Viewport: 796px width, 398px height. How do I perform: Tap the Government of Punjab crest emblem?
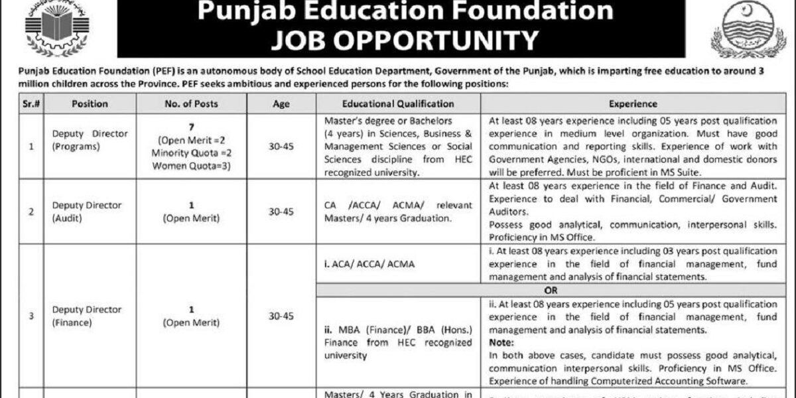click(743, 29)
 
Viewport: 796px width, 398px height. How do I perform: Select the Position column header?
click(90, 104)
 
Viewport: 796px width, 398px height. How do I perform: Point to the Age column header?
click(281, 104)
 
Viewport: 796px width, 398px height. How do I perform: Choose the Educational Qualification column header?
click(398, 104)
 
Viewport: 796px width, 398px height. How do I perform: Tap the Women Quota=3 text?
click(191, 166)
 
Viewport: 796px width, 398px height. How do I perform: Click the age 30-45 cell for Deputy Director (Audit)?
click(281, 211)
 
